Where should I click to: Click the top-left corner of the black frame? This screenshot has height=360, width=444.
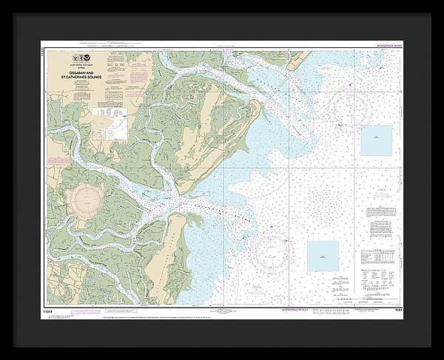[6, 6]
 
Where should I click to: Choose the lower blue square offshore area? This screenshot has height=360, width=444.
[323, 256]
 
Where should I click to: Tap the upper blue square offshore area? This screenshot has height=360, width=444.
[376, 140]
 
